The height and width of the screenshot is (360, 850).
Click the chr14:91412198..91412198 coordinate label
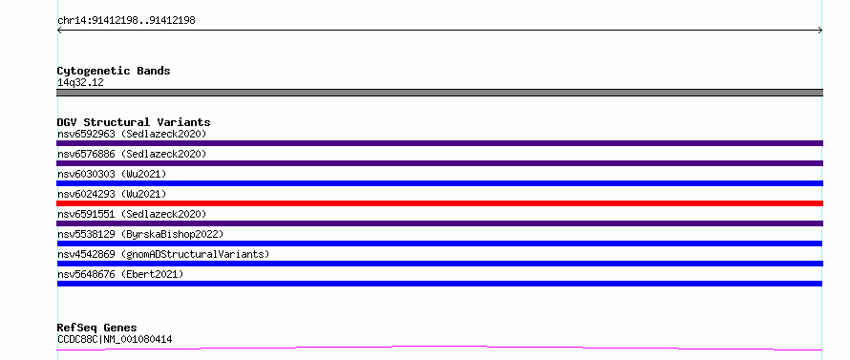(126, 21)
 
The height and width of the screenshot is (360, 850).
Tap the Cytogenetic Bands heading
(114, 71)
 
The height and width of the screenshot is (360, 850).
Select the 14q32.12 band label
(80, 83)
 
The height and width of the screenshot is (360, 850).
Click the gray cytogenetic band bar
(439, 93)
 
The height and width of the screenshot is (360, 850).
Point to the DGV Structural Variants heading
(134, 122)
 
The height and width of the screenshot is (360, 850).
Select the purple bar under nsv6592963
(439, 143)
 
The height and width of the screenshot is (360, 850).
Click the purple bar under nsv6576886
(439, 163)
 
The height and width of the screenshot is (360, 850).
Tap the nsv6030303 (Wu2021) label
(112, 174)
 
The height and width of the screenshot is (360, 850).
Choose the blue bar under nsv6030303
(439, 183)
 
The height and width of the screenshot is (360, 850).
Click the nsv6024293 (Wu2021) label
(112, 194)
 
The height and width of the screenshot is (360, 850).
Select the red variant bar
(439, 203)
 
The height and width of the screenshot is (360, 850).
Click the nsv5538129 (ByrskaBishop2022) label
(140, 234)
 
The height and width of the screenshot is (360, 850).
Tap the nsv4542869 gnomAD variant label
(163, 254)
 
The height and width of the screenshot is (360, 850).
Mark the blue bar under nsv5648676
(439, 284)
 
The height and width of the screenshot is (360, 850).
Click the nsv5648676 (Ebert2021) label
(120, 274)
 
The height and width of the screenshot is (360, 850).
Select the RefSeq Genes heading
(97, 328)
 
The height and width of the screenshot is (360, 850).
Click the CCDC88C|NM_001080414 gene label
(115, 340)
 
